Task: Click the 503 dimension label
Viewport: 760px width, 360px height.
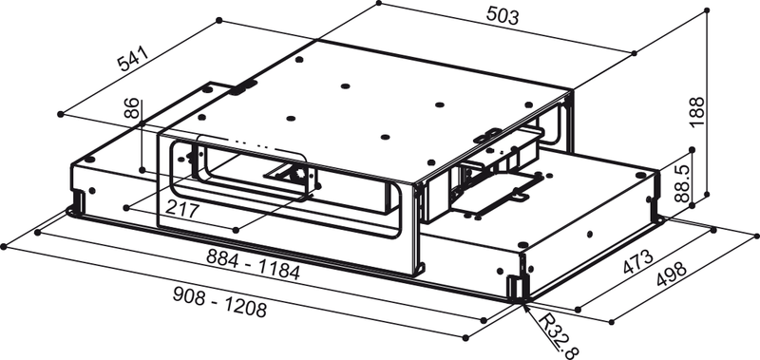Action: (x=503, y=15)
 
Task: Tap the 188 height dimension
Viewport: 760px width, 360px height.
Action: (x=697, y=112)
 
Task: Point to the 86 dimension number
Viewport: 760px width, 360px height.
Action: (x=131, y=108)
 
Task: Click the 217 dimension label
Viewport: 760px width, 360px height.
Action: (x=182, y=210)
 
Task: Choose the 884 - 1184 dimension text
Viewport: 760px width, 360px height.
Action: (x=253, y=265)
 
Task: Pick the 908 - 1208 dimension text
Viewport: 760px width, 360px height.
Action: (x=219, y=302)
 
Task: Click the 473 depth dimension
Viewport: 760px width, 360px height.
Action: (x=637, y=263)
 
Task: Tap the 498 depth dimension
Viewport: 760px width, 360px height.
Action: (x=672, y=275)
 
